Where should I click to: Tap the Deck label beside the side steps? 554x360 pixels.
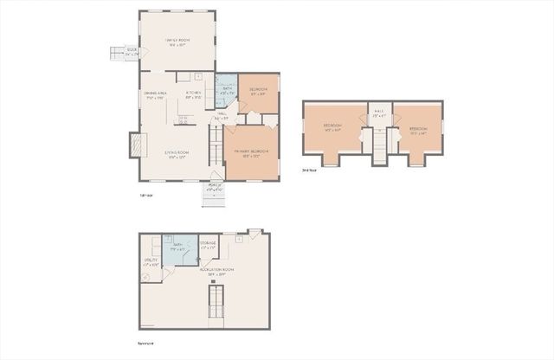coord(132,51)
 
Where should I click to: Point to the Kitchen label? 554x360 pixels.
coord(194,94)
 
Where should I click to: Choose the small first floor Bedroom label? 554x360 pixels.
coord(259,91)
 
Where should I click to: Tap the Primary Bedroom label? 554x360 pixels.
coord(251,153)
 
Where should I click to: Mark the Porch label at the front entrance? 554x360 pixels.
coord(216,186)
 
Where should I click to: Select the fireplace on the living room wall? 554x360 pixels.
coord(134,145)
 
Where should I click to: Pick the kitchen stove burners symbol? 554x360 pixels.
coord(183,120)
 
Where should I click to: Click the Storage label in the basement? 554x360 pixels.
coord(209,245)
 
